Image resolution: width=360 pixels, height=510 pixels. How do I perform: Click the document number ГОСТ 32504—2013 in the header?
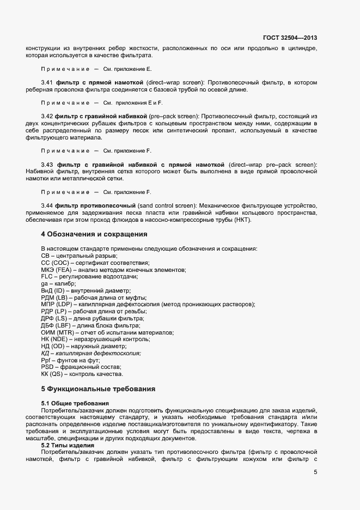point(290,38)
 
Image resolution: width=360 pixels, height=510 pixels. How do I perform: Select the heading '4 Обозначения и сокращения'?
point(94,234)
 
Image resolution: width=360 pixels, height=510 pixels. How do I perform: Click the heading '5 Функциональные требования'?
point(98,389)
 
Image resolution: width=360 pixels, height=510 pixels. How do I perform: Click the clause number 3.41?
point(47,82)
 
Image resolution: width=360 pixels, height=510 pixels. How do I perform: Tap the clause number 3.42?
point(47,117)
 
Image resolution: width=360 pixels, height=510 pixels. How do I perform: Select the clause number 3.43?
point(47,165)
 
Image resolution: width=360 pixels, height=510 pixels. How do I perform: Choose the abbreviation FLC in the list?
point(47,277)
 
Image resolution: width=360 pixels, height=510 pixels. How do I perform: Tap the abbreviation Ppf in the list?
point(47,360)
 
